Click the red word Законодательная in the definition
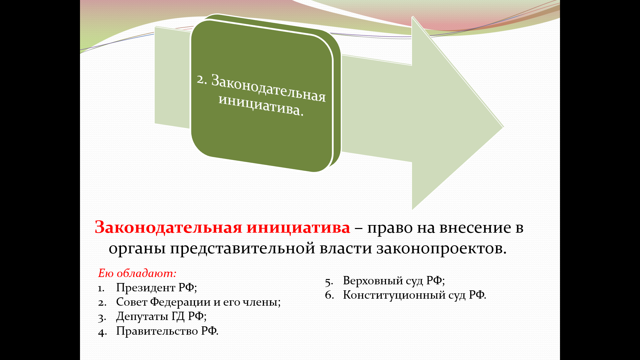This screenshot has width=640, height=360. (168, 228)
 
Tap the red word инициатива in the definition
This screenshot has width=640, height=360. (298, 228)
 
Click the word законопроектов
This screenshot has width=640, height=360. (442, 249)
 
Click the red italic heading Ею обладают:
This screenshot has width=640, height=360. (137, 273)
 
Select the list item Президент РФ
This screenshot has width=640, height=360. (156, 287)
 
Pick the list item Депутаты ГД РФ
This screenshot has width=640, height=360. (161, 316)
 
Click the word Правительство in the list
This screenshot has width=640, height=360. (157, 331)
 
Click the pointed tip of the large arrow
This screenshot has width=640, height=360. (503, 127)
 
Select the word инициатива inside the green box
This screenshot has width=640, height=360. (261, 105)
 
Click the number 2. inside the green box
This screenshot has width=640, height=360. (202, 79)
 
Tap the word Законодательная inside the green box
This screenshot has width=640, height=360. (268, 87)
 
